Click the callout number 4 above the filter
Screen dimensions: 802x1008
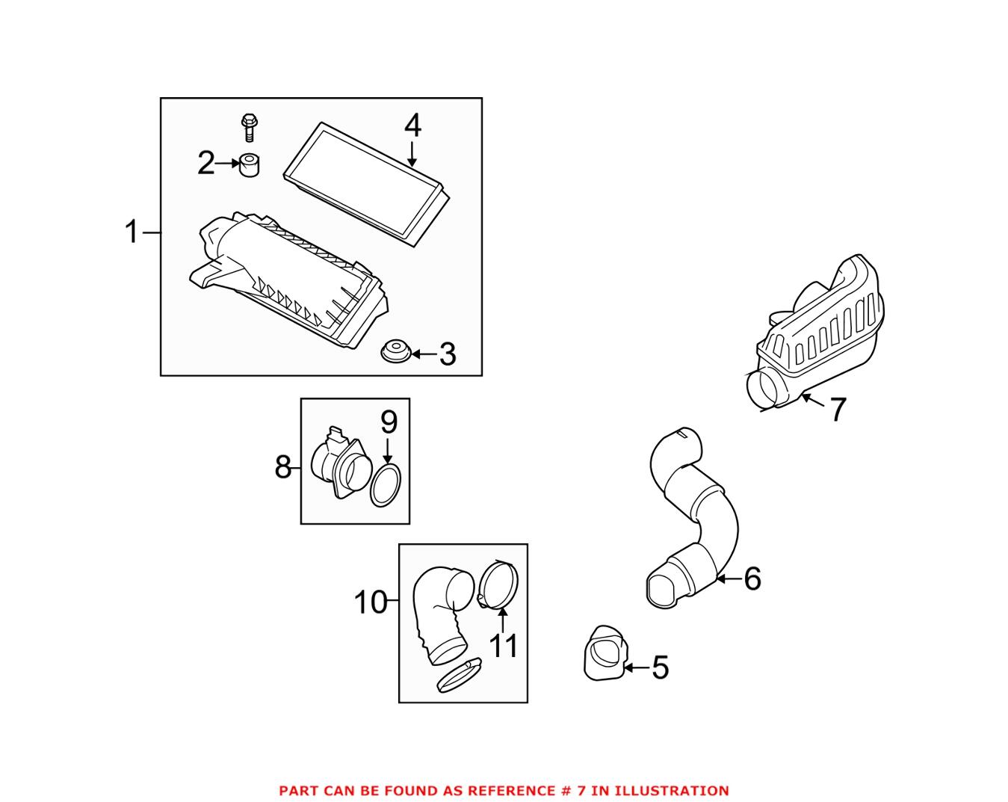coord(412,126)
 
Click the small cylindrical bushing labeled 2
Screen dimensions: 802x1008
coord(248,164)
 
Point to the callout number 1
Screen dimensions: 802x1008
coord(132,232)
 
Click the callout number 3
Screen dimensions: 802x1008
coord(447,354)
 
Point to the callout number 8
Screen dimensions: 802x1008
coord(283,469)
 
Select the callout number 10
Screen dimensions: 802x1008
coord(371,602)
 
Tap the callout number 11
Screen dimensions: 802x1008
coord(503,645)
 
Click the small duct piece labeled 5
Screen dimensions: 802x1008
coord(604,656)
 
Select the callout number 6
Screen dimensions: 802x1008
coord(752,578)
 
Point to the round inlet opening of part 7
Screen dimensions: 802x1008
coord(765,389)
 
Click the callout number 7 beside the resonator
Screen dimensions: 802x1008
coord(837,410)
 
